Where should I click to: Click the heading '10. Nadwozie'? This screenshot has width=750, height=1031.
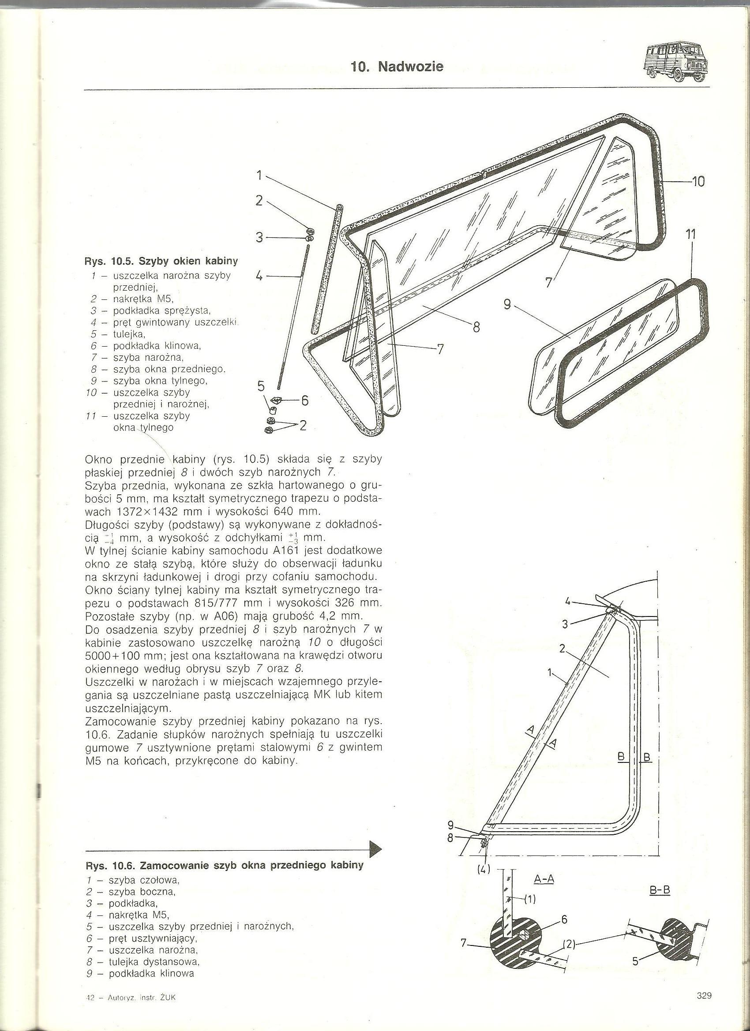tap(397, 67)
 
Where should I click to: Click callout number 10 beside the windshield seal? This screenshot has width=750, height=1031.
tap(697, 182)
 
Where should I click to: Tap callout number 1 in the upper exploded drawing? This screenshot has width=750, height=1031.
tap(259, 176)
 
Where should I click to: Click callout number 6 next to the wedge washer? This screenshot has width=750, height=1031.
tap(304, 400)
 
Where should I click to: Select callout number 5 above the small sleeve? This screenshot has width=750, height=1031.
tap(261, 386)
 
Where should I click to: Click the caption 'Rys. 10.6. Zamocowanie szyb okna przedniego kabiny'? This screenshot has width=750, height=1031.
tap(224, 865)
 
